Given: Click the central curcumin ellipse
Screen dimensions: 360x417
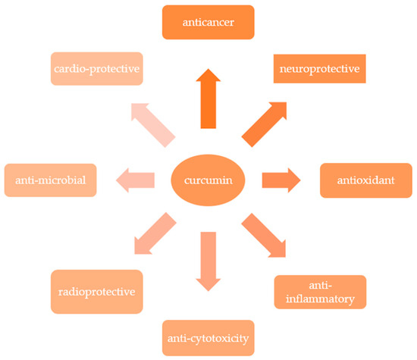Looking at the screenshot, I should coord(208,180).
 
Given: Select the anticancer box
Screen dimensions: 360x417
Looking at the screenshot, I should coord(208,23).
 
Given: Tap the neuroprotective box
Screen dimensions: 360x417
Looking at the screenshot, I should coord(320,70).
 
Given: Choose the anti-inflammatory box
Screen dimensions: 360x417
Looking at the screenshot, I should coord(320,292).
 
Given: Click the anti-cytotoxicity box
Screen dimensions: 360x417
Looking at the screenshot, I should coord(208,337).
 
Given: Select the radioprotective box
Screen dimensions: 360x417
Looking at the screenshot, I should coord(96,292).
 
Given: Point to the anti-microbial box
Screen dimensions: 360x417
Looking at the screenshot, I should coord(50,180).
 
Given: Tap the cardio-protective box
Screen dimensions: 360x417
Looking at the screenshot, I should coord(98,69).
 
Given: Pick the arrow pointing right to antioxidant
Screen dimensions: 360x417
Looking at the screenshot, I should coord(281,180).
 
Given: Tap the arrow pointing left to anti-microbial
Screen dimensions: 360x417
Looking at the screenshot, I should coord(135,180).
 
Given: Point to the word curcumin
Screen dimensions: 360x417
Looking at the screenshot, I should coord(208,180).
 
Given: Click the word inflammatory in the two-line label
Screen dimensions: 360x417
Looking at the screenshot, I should coord(320,299).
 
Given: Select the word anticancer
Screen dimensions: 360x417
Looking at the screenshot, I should coord(208,23).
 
